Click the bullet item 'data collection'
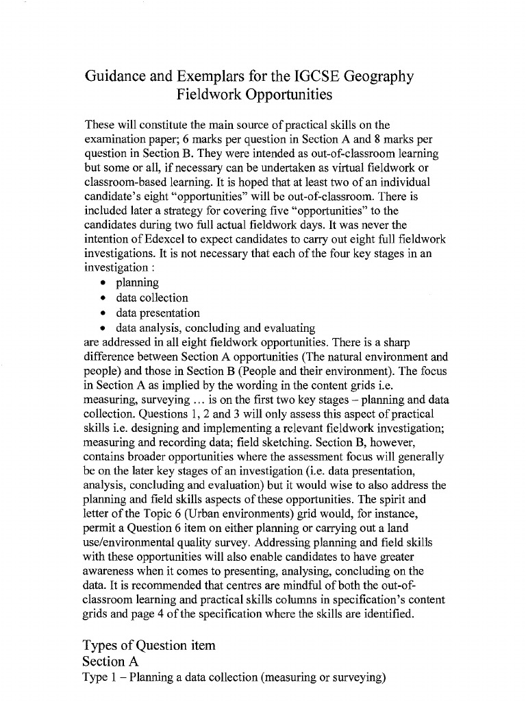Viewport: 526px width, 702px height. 151,298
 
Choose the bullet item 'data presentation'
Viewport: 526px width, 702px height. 158,313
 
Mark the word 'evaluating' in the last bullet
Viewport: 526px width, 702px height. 288,328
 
